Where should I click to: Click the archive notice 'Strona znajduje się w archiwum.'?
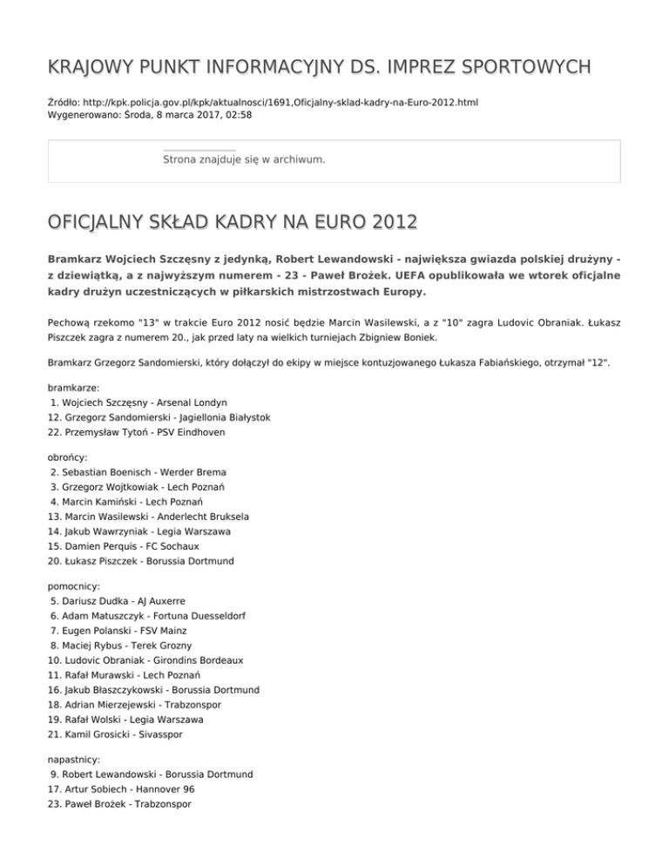coord(244,159)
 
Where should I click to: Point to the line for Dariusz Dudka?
coord(118,600)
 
